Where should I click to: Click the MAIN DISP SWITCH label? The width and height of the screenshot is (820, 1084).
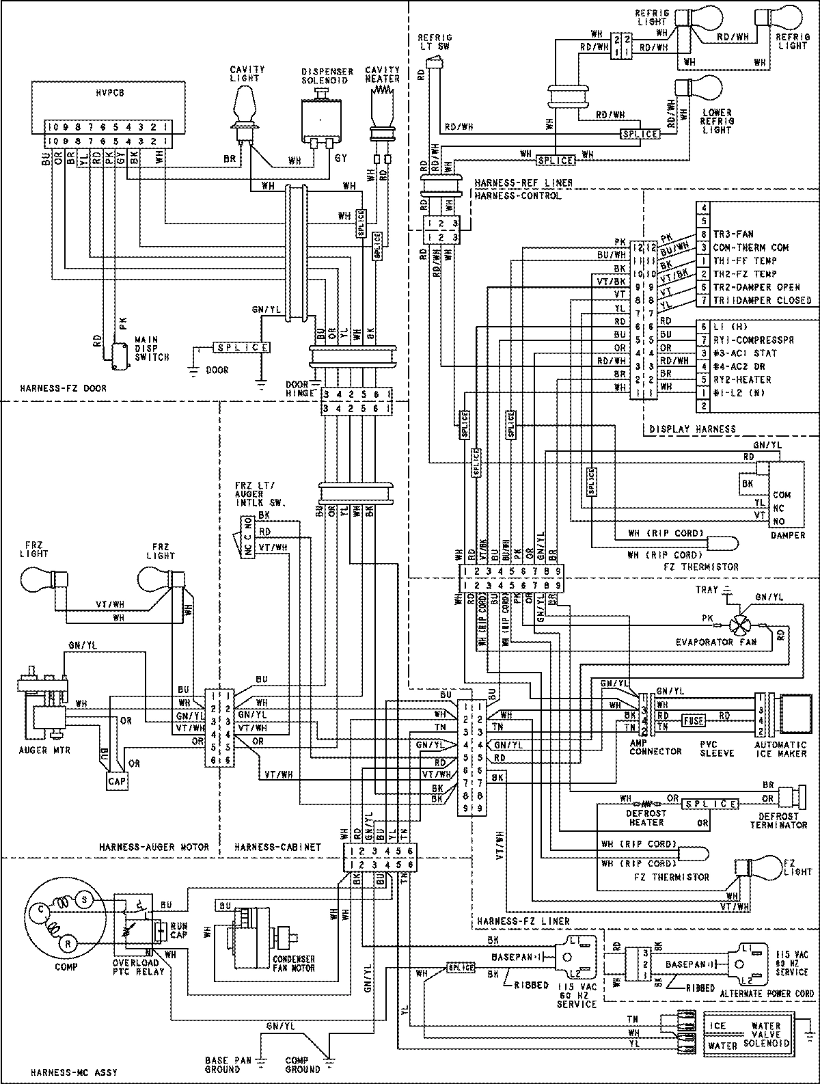(152, 347)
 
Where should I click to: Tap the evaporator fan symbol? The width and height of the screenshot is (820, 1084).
(740, 625)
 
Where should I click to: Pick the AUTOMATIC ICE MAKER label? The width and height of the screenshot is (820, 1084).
(780, 749)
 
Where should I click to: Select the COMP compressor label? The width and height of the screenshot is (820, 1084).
(66, 966)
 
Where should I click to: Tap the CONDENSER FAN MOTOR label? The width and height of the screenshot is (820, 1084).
(294, 964)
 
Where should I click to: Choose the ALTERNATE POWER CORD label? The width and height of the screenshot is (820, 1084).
(774, 993)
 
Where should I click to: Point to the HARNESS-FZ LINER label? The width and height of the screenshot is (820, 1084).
(523, 921)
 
